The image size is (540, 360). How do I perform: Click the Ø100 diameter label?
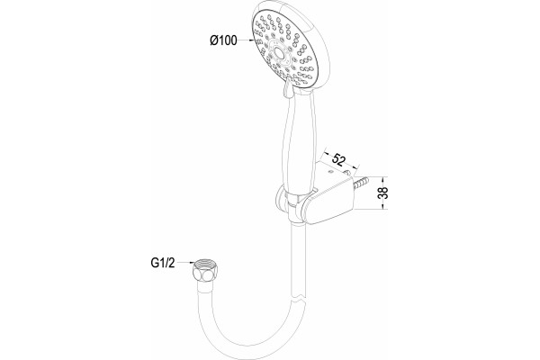223,40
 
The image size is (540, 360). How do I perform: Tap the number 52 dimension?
339,159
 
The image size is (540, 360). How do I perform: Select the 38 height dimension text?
383,193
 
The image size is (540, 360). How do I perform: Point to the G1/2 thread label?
163,263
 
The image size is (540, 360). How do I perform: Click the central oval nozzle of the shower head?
279,54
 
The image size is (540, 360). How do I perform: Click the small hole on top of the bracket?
330,170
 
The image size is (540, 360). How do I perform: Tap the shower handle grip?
299,145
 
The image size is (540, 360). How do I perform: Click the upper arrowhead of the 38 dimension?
382,180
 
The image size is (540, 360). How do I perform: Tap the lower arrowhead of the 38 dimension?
382,206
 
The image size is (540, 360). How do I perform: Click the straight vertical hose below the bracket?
299,258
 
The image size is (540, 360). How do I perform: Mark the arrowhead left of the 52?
327,153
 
